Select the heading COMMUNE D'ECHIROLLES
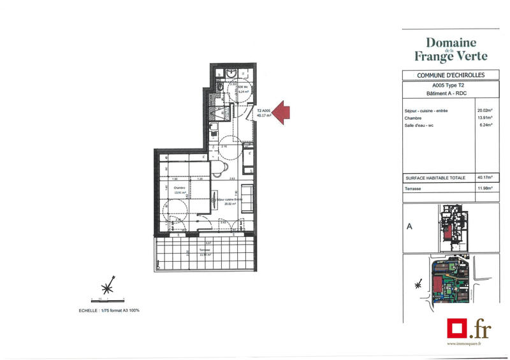click(x=451, y=75)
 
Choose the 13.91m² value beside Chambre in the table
click(x=486, y=118)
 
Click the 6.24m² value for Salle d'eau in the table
click(x=487, y=126)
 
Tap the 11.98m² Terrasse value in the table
click(x=486, y=189)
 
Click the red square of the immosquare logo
click(x=456, y=328)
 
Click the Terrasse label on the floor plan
click(x=204, y=250)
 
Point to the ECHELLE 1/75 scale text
click(x=105, y=310)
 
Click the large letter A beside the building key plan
click(x=409, y=225)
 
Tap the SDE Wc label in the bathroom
click(x=242, y=87)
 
